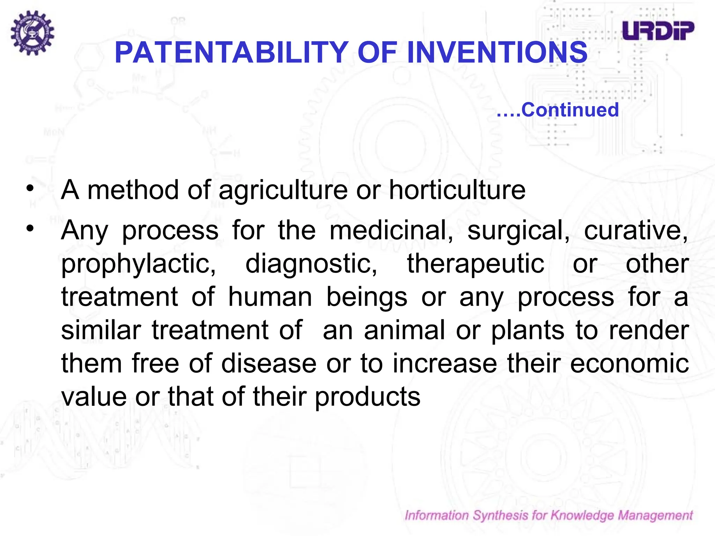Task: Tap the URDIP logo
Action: pos(658,31)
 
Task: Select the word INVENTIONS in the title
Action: pos(497,52)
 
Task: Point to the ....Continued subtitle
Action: pos(558,110)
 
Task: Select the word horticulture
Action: pos(457,190)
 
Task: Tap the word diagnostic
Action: pos(311,264)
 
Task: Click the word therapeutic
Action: pos(476,264)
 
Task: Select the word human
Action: pos(270,297)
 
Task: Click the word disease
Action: pos(269,363)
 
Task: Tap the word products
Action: pos(368,397)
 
